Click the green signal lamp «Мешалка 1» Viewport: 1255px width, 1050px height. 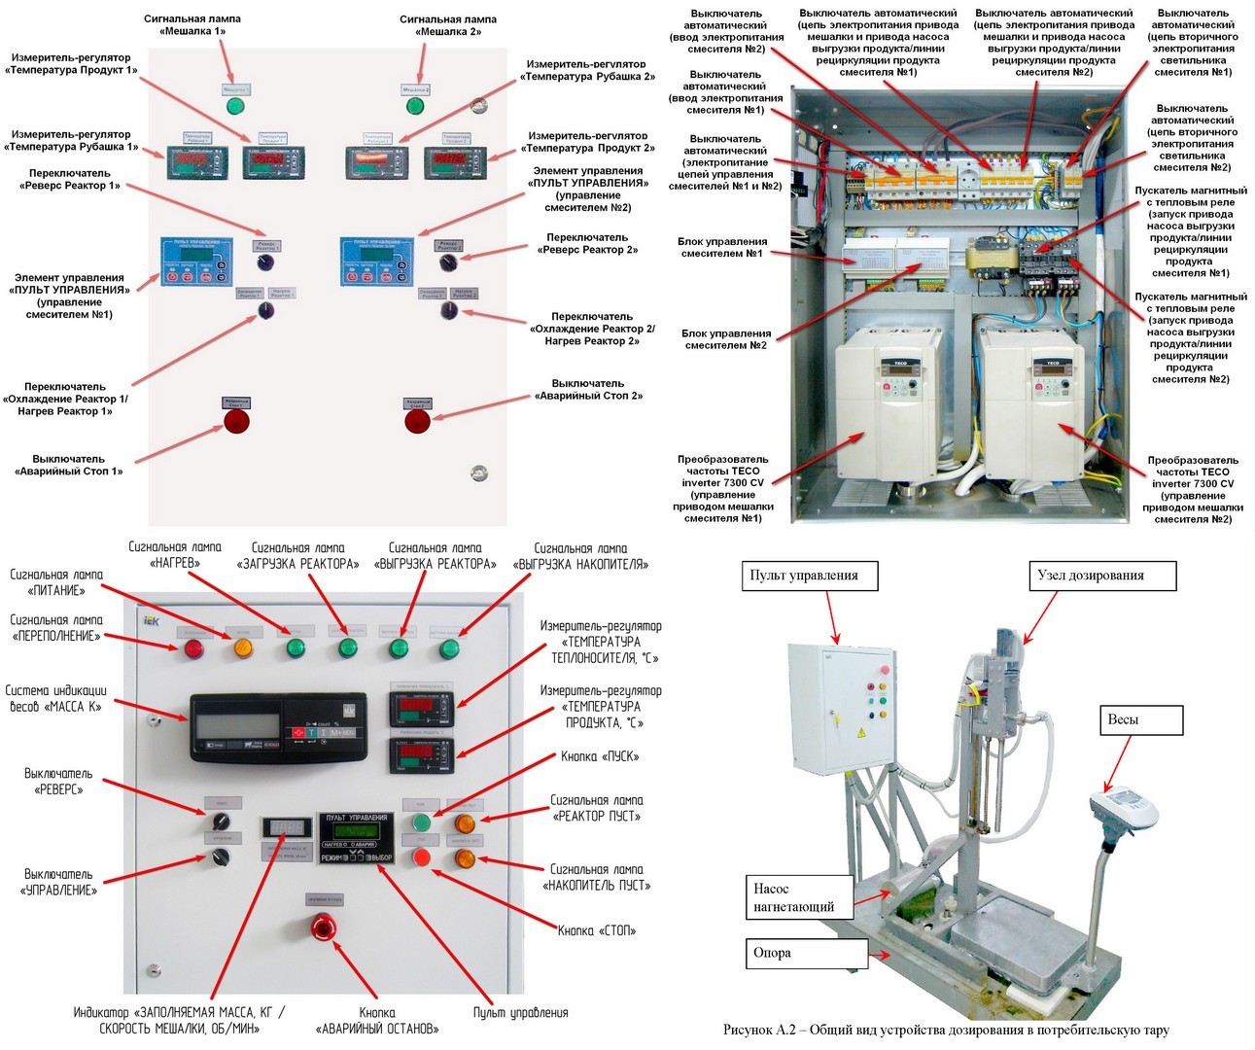coord(235,106)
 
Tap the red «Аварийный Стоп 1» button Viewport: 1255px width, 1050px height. coord(237,421)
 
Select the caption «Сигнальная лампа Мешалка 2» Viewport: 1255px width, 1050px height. coord(448,25)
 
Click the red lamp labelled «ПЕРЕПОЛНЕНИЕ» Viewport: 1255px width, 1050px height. coord(194,648)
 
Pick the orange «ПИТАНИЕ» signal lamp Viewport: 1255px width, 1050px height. coord(243,648)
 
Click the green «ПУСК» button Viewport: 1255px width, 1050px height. coord(422,823)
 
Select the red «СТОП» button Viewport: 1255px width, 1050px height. coord(422,857)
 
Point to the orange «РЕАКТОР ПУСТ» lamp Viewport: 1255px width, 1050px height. coord(466,823)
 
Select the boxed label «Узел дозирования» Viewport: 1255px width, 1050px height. coord(1101,576)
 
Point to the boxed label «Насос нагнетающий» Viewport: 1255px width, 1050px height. coord(794,897)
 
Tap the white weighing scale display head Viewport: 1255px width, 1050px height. coord(1126,807)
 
